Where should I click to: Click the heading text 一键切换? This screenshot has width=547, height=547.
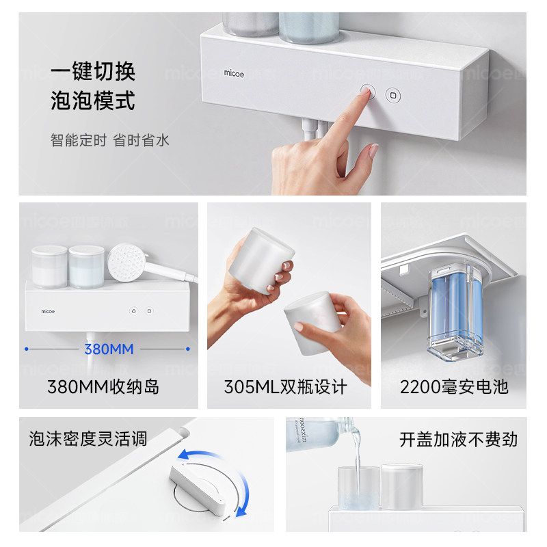point(92,71)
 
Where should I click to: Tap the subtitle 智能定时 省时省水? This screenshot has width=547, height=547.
point(109,140)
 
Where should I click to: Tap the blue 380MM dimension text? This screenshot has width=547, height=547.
point(108,349)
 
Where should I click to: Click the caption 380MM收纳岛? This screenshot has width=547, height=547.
point(103,386)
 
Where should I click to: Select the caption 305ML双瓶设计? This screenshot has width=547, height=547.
point(286,386)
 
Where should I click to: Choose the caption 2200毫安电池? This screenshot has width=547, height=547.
point(454,386)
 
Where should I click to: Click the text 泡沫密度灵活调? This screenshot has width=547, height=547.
point(88,438)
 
